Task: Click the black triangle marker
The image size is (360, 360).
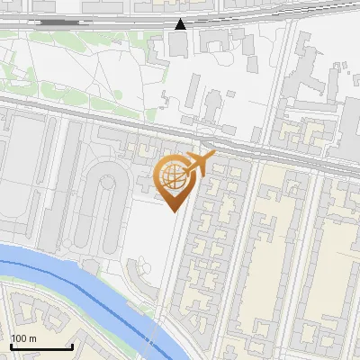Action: click(181, 24)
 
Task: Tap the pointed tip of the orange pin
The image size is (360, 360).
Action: click(173, 211)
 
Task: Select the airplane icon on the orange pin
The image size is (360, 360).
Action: click(197, 164)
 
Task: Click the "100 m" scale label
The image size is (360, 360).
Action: click(24, 338)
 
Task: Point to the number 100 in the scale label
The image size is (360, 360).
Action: click(20, 338)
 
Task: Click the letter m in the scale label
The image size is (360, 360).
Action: click(33, 338)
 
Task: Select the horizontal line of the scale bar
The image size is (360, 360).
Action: click(40, 347)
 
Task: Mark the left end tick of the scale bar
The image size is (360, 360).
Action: click(10, 346)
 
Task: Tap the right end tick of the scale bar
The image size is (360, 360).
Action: click(72, 346)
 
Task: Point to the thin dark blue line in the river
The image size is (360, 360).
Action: click(90, 286)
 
